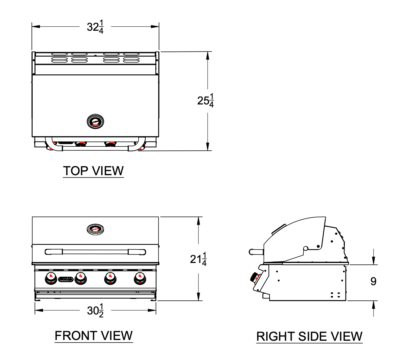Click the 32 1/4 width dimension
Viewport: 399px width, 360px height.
click(95, 27)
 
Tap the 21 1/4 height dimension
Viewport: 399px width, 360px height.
click(198, 259)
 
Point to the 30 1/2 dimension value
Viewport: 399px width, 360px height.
click(95, 310)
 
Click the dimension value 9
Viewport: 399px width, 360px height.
click(373, 281)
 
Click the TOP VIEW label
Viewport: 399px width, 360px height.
click(93, 171)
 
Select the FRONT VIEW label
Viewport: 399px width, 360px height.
click(94, 336)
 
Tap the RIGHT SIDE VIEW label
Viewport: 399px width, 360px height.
click(309, 336)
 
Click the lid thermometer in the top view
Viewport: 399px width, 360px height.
click(95, 121)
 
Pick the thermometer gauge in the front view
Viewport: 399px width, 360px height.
click(95, 229)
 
